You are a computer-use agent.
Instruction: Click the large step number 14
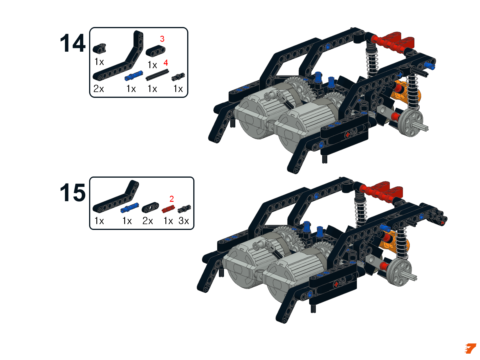pyautogui.click(x=73, y=43)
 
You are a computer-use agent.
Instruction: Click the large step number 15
pyautogui.click(x=73, y=193)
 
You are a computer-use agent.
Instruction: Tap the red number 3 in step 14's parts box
pyautogui.click(x=162, y=39)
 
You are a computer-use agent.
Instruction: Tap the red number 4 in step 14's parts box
pyautogui.click(x=166, y=63)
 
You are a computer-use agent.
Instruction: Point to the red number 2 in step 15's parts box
pyautogui.click(x=172, y=199)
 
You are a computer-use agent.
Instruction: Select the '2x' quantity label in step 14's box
pyautogui.click(x=99, y=89)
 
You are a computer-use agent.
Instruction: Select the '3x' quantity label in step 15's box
pyautogui.click(x=184, y=221)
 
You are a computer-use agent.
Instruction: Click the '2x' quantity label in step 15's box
pyautogui.click(x=148, y=221)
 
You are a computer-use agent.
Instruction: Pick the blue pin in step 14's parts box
pyautogui.click(x=133, y=75)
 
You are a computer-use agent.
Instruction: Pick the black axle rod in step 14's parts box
pyautogui.click(x=157, y=75)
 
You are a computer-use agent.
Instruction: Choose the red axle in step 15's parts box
pyautogui.click(x=168, y=209)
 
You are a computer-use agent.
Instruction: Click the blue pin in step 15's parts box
pyautogui.click(x=129, y=208)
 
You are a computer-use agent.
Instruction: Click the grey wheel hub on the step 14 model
pyautogui.click(x=410, y=123)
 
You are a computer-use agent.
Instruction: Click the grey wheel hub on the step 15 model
pyautogui.click(x=399, y=272)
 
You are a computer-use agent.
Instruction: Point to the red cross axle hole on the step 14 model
pyautogui.click(x=347, y=135)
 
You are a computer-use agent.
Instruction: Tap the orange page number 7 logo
pyautogui.click(x=470, y=349)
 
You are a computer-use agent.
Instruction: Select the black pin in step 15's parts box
pyautogui.click(x=184, y=209)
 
